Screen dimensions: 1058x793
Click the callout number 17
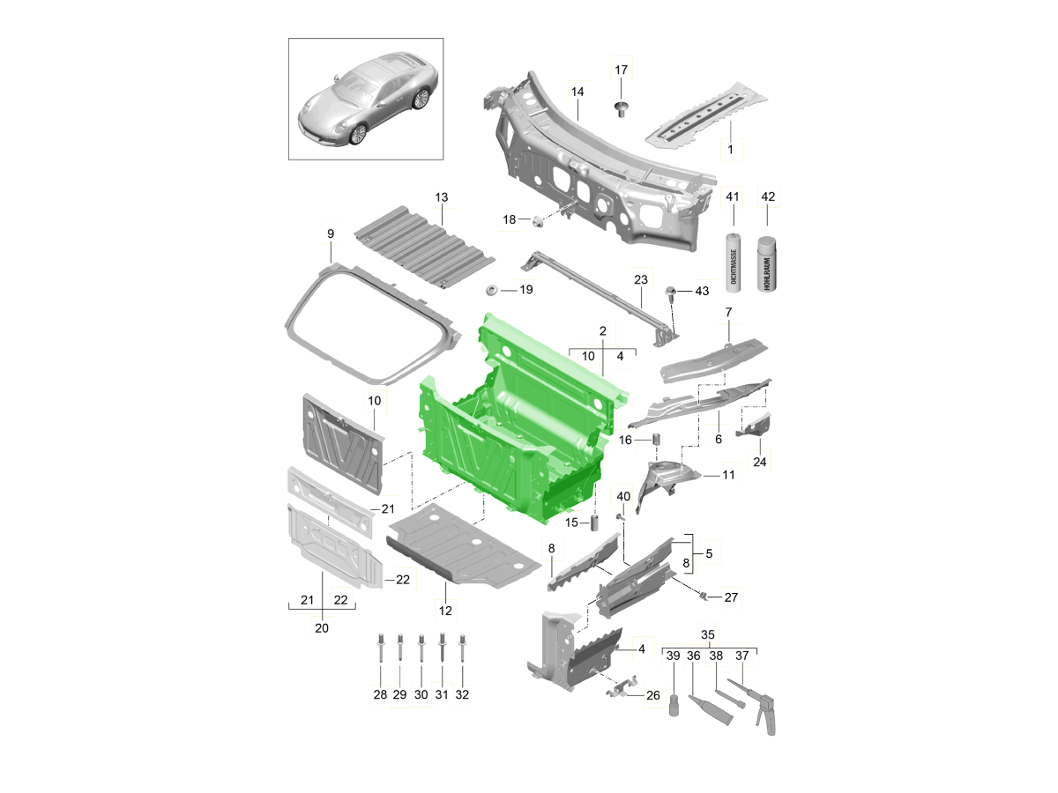click(621, 70)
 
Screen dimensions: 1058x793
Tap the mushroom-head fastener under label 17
click(622, 108)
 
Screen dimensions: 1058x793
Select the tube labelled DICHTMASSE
click(734, 263)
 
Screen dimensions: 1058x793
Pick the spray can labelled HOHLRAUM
click(767, 263)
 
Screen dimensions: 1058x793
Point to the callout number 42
click(768, 196)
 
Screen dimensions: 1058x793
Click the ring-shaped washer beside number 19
click(492, 291)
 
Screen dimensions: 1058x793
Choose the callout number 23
click(641, 279)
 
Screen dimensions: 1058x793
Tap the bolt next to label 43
click(670, 293)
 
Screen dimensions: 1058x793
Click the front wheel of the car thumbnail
click(358, 134)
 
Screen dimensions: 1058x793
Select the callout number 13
click(441, 197)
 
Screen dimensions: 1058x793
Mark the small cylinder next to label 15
click(594, 522)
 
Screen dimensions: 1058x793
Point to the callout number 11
click(728, 475)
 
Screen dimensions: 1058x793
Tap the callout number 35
click(708, 634)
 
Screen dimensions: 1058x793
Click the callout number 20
click(322, 628)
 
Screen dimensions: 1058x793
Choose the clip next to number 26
click(622, 687)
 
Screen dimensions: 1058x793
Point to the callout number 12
click(445, 611)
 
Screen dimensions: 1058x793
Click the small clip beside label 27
click(704, 597)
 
